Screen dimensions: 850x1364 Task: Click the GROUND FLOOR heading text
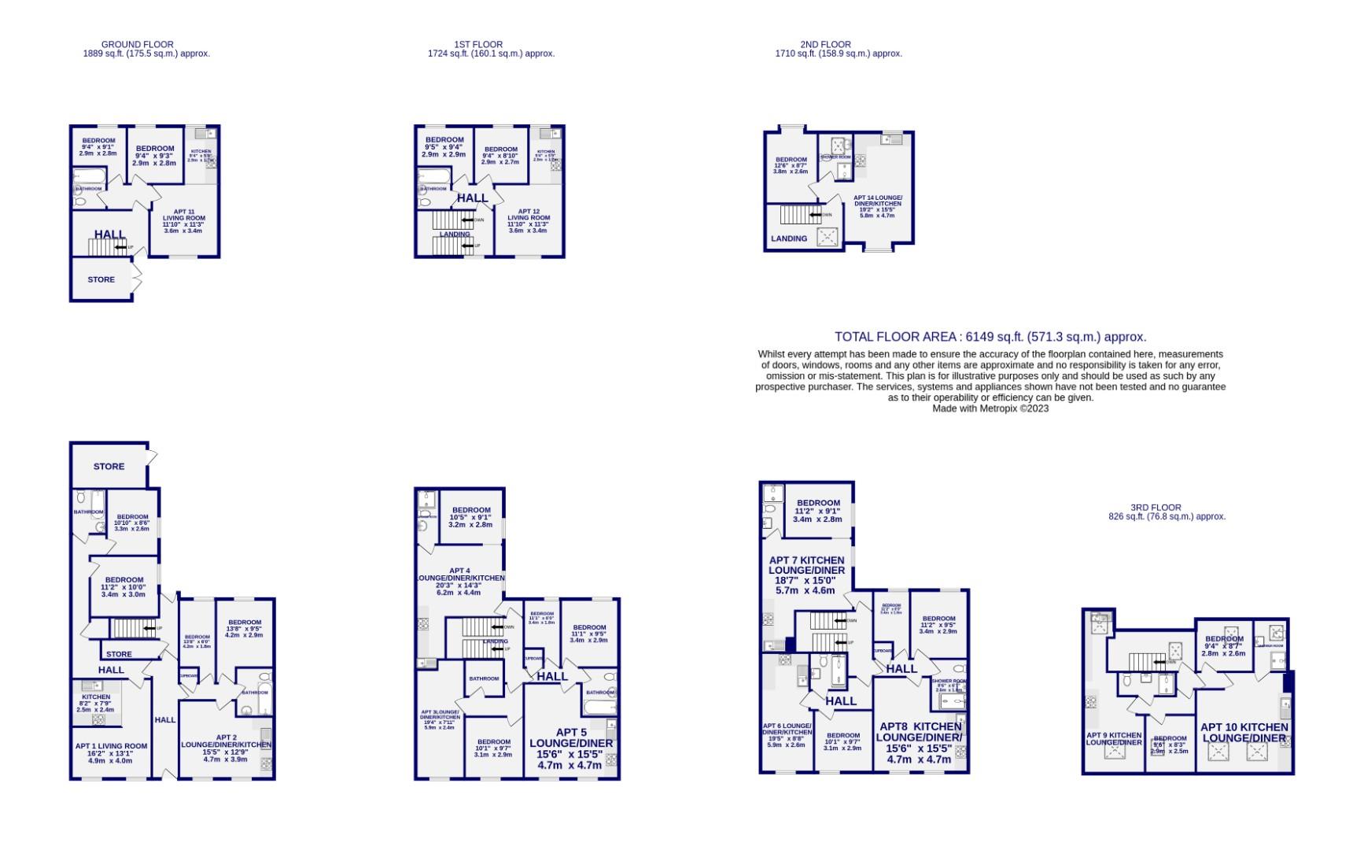(138, 45)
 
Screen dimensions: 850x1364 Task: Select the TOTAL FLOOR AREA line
(990, 337)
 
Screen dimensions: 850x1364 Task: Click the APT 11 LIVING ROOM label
(183, 217)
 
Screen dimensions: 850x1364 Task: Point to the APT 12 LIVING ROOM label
(529, 216)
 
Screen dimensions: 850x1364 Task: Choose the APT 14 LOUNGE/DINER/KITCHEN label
(878, 203)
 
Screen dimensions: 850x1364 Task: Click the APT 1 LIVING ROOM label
(111, 746)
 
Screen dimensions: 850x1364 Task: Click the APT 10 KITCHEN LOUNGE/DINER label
(1244, 733)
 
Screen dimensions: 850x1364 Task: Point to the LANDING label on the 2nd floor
(789, 238)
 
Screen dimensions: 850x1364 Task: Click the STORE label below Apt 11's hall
(101, 279)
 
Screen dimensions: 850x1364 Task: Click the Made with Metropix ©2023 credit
(990, 408)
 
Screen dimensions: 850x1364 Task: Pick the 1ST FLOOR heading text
(478, 45)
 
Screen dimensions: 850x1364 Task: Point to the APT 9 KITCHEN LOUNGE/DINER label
(1114, 739)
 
